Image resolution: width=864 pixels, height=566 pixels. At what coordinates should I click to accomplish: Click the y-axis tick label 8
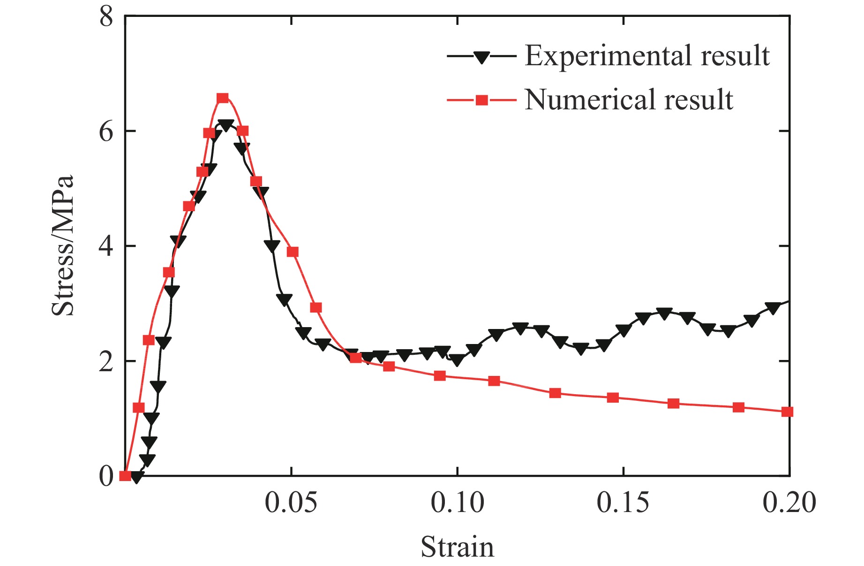(x=106, y=17)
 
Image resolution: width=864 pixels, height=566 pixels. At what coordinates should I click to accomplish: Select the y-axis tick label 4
(x=106, y=246)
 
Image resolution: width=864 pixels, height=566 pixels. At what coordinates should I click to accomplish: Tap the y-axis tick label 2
(x=106, y=361)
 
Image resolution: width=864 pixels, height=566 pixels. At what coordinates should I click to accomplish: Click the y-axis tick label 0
(x=106, y=476)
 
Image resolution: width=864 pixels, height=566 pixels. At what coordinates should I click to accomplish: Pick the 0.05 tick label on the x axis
(x=291, y=503)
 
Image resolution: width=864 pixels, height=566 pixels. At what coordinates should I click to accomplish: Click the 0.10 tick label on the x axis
(x=457, y=503)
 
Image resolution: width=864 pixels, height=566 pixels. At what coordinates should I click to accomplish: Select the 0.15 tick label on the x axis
(x=623, y=503)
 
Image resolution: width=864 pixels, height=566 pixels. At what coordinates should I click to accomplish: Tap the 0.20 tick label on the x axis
(x=789, y=503)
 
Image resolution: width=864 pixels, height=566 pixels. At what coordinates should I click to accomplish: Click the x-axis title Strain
(x=457, y=547)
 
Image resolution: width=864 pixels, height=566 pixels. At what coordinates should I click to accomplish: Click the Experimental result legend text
(x=647, y=56)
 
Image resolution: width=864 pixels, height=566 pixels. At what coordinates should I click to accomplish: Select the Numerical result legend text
(x=629, y=99)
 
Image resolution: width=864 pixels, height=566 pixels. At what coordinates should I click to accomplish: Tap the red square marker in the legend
(x=482, y=100)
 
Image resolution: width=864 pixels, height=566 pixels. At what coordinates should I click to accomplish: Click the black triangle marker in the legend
(x=481, y=57)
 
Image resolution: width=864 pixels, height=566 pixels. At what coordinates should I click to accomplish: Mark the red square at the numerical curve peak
(x=223, y=98)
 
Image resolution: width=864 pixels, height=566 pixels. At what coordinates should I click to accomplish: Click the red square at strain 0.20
(x=788, y=412)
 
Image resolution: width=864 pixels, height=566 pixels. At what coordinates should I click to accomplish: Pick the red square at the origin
(x=125, y=476)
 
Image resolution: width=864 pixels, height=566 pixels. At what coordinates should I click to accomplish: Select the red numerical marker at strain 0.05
(x=293, y=252)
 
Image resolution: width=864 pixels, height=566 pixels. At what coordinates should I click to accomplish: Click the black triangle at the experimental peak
(x=226, y=125)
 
